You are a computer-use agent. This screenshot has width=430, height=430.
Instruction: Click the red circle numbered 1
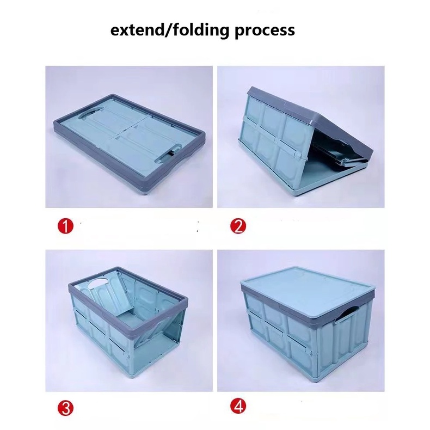point(65,226)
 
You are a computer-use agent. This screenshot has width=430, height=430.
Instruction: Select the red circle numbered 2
point(238,226)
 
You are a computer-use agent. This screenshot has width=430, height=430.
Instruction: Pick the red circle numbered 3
point(65,408)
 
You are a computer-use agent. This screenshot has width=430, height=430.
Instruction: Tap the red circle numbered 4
point(238,406)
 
